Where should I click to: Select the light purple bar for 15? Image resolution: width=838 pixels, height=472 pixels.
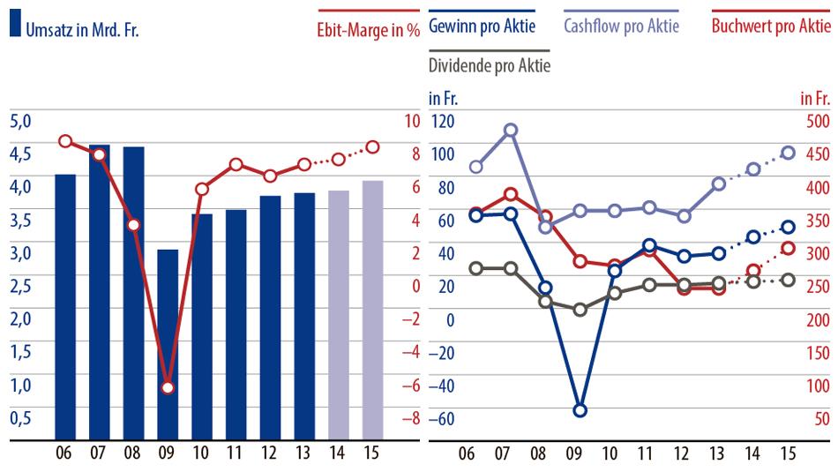click(372, 309)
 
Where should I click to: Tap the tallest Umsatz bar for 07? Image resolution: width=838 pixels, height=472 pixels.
click(100, 291)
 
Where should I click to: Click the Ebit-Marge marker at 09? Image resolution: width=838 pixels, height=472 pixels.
click(168, 387)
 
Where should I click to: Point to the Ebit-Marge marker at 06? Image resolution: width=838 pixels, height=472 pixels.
click(65, 141)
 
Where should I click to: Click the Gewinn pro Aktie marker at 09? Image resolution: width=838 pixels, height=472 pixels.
click(580, 410)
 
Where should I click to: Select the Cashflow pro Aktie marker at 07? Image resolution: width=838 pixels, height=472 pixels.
click(510, 131)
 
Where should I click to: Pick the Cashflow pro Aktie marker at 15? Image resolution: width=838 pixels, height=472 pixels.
click(789, 154)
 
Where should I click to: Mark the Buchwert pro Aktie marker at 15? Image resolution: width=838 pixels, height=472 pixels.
click(789, 249)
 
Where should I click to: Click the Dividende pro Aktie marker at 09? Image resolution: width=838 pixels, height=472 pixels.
click(580, 310)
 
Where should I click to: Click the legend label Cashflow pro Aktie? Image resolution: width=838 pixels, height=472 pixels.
click(621, 26)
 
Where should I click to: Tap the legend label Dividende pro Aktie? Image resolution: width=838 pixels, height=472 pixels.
click(489, 64)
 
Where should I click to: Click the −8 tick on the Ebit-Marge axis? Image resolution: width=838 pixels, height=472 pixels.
click(410, 418)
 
